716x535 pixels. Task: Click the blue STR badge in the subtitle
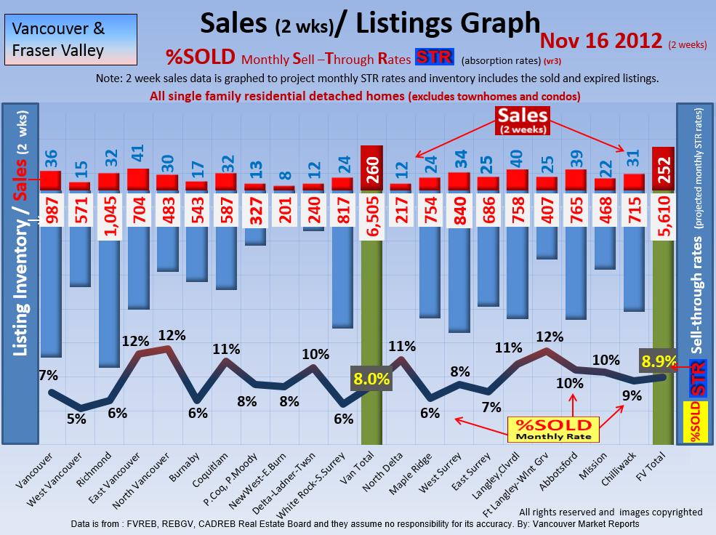pyautogui.click(x=434, y=57)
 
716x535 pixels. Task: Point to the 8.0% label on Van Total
pyautogui.click(x=372, y=379)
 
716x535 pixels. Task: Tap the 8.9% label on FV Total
pyautogui.click(x=659, y=361)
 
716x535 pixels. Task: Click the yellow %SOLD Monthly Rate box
pyautogui.click(x=552, y=430)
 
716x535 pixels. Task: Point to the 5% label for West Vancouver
pyautogui.click(x=76, y=419)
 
